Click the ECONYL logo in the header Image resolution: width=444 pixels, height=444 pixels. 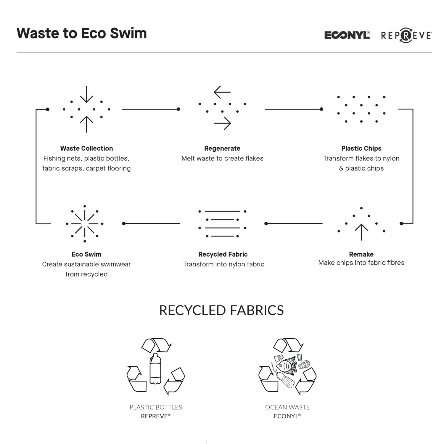click(347, 35)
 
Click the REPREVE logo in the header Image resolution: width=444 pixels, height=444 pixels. click(406, 36)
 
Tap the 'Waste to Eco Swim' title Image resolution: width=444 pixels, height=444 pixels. click(82, 33)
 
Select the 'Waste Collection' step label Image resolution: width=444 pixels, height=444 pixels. click(86, 148)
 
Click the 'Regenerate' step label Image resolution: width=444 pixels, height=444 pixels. click(222, 148)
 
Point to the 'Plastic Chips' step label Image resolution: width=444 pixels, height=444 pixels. click(361, 148)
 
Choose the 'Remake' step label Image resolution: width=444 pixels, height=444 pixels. click(361, 254)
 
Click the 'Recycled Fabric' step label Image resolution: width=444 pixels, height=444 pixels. click(223, 254)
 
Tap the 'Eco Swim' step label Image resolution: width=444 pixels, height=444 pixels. click(86, 254)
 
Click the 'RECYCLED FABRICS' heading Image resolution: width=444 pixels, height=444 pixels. click(221, 310)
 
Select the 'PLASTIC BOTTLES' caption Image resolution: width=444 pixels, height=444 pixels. click(156, 407)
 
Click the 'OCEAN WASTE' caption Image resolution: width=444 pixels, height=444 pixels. click(287, 407)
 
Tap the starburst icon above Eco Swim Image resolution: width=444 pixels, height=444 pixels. click(85, 224)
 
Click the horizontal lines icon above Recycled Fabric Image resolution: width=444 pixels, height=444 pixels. click(222, 224)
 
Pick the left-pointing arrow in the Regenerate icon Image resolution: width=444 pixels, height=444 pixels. click(222, 92)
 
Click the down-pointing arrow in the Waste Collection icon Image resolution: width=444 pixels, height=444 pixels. click(86, 94)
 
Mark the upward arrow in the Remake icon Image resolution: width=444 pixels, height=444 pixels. click(361, 232)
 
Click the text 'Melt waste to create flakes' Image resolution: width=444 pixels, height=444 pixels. click(222, 158)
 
